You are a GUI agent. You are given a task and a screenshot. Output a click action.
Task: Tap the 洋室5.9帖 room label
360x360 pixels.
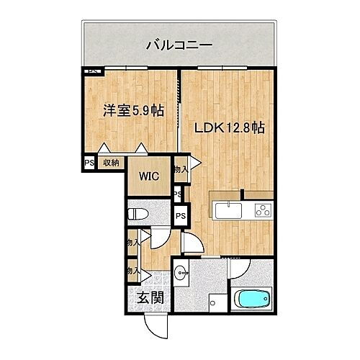[x=132, y=112]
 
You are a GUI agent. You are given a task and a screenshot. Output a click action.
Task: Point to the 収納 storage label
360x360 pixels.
[x=109, y=163]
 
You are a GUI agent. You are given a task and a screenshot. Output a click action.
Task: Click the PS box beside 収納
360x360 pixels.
[x=89, y=163]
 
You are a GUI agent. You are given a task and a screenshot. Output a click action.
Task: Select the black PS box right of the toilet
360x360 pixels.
[x=181, y=215]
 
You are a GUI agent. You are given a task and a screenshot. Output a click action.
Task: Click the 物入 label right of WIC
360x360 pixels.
[x=181, y=170]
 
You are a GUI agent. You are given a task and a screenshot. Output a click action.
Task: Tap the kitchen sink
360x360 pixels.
[x=228, y=211]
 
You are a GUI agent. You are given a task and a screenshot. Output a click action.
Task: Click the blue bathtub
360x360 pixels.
[x=253, y=300]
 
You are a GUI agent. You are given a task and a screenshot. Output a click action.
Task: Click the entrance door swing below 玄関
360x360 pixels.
[x=153, y=328]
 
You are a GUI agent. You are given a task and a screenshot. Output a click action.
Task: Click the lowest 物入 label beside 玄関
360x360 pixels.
[x=132, y=271]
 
